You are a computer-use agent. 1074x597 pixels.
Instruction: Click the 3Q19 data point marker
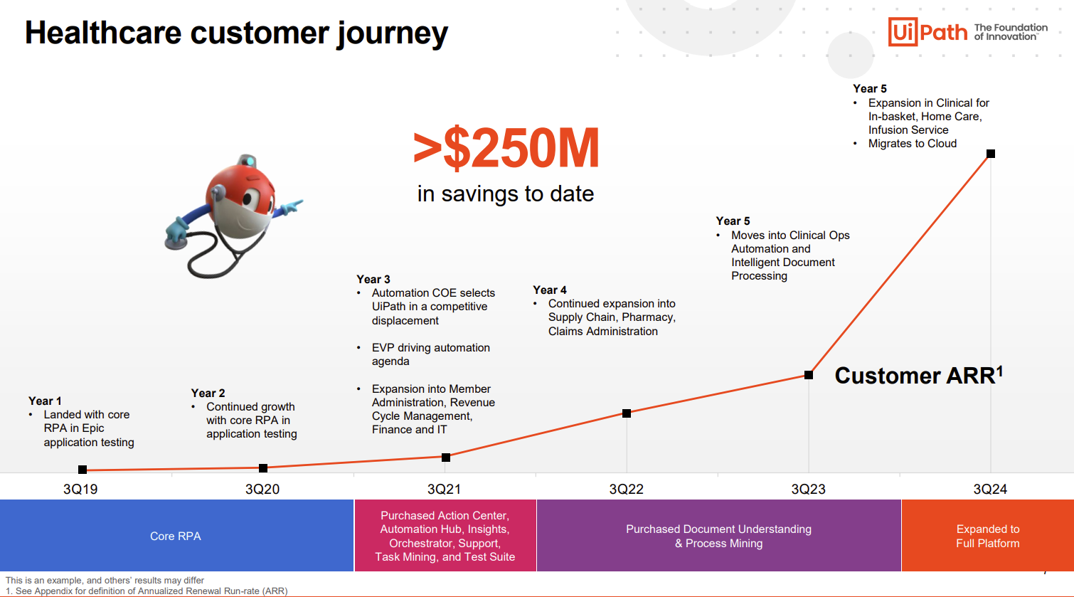[x=83, y=470]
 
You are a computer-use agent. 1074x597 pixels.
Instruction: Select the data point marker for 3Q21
[x=446, y=458]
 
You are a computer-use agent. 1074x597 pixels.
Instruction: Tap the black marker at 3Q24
[x=991, y=154]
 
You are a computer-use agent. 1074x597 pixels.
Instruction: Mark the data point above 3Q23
[x=809, y=375]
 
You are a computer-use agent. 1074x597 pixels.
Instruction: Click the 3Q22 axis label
[x=626, y=489]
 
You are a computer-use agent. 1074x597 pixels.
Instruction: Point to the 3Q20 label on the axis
[x=262, y=489]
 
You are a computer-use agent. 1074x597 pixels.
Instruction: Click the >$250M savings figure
[x=506, y=148]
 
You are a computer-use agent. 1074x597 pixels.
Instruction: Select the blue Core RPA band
[x=176, y=535]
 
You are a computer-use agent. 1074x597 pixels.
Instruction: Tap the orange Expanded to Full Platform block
[x=988, y=535]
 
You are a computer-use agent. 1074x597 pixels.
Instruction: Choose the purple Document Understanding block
[x=718, y=535]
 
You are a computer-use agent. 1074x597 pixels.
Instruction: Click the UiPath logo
[x=927, y=31]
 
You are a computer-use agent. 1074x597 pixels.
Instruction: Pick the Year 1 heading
[x=45, y=401]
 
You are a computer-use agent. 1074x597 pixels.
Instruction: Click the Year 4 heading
[x=550, y=290]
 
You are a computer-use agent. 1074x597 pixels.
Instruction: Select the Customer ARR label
[x=918, y=376]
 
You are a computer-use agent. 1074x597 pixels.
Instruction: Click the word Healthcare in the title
[x=103, y=33]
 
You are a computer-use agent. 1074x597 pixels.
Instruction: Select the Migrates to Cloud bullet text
[x=913, y=143]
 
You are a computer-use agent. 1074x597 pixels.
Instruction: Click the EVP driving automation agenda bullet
[x=430, y=354]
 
